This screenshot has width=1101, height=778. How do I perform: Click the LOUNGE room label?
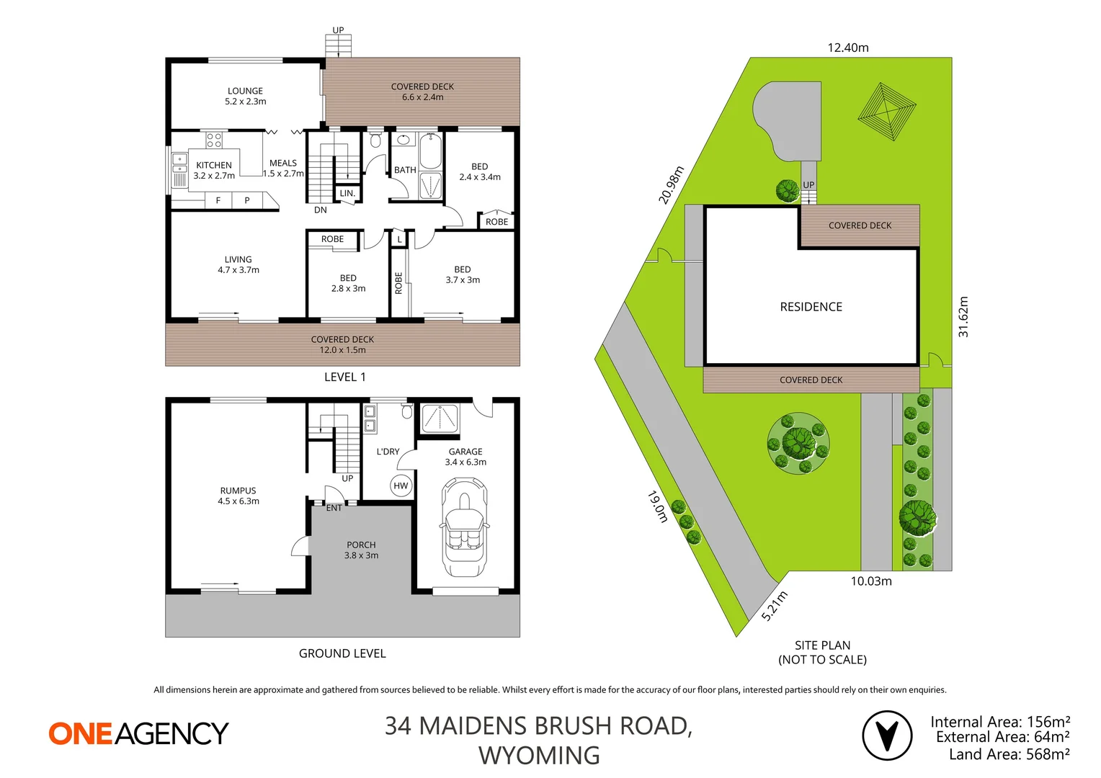tap(245, 96)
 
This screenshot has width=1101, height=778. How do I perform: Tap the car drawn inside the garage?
tap(463, 529)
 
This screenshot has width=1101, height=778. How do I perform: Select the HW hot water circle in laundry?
tap(401, 486)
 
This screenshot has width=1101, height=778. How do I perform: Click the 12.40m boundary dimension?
tap(847, 48)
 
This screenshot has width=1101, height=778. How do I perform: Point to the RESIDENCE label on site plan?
tap(811, 307)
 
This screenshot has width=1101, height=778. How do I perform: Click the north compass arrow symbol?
tap(887, 735)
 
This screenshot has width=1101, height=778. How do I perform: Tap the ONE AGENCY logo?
tap(138, 733)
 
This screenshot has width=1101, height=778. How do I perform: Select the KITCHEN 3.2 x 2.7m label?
tap(214, 170)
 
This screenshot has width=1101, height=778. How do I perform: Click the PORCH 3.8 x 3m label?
tap(361, 550)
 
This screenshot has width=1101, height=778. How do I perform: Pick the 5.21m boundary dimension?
tap(775, 606)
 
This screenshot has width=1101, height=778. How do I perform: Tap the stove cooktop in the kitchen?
tap(214, 140)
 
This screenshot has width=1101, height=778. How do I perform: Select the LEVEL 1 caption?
tap(344, 377)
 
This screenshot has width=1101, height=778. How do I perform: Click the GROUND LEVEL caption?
tap(342, 653)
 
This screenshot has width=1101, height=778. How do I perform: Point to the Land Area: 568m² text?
tap(1009, 754)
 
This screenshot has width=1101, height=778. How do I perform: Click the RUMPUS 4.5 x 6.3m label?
tap(239, 496)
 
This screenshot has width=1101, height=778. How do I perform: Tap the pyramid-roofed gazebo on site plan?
tap(886, 112)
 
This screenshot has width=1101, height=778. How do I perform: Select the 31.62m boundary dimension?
tap(963, 317)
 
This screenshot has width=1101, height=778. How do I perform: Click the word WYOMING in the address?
tap(539, 756)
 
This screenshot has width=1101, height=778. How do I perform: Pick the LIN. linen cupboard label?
tap(347, 193)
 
